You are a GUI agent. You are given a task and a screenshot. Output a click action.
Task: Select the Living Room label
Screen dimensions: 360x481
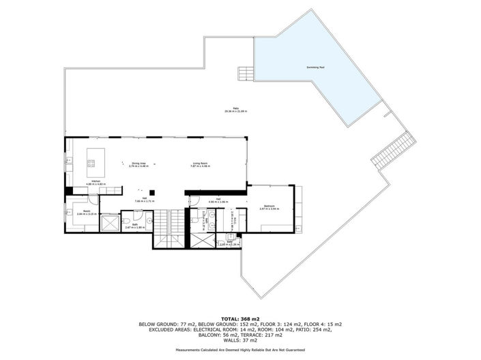click(199, 164)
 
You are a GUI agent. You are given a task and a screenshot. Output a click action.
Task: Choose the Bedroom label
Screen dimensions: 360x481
click(270, 207)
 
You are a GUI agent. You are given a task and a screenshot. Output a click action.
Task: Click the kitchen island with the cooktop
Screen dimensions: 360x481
click(91, 162)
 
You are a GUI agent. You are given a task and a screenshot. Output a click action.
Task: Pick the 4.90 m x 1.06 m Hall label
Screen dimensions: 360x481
click(209, 200)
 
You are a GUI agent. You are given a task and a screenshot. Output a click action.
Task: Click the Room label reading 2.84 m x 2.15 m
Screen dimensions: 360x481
click(87, 212)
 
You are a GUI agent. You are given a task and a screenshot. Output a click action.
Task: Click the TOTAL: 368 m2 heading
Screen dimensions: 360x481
click(239, 318)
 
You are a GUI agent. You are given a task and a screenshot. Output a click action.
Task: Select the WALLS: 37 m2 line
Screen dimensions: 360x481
click(239, 340)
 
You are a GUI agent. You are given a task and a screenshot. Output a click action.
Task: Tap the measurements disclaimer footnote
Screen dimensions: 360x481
click(239, 350)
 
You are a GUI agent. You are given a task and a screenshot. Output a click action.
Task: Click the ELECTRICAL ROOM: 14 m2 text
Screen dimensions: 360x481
click(204, 329)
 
